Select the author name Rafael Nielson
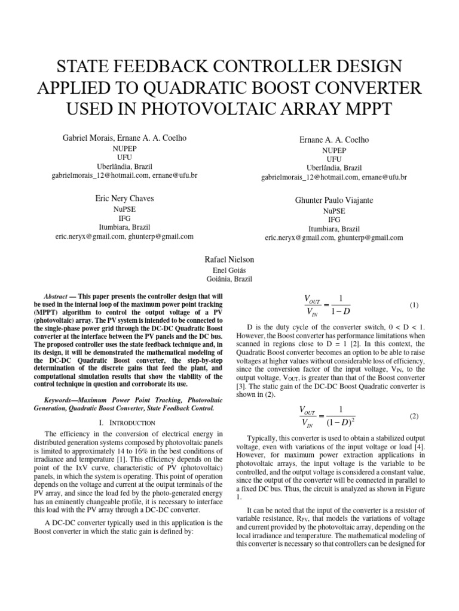[x=229, y=260]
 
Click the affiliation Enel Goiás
[x=229, y=270]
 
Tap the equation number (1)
[x=414, y=305]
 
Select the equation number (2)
[x=414, y=415]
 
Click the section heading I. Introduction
[x=126, y=422]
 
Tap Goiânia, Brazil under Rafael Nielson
[x=229, y=279]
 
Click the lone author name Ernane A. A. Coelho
[x=334, y=139]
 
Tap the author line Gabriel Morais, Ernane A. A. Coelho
[x=124, y=138]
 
